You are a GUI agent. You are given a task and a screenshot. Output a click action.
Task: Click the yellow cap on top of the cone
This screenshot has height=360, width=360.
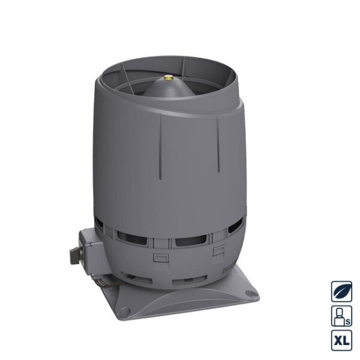point(169,79)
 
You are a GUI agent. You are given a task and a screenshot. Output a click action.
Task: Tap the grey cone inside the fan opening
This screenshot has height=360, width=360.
point(169,88)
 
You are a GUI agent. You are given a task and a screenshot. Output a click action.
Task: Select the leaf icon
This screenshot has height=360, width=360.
point(341,292)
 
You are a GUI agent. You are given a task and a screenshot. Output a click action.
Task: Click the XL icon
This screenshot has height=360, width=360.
point(341,340)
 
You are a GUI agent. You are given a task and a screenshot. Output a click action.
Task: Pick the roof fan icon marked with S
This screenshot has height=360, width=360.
point(341,316)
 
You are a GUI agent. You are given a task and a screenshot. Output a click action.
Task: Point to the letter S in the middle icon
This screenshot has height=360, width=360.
point(348,322)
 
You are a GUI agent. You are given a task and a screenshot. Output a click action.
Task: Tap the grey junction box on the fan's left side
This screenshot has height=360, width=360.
point(90,251)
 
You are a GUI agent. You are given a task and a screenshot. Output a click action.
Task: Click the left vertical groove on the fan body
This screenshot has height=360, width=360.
point(160,146)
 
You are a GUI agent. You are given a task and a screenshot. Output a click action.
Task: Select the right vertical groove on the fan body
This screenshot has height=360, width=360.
point(218,145)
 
